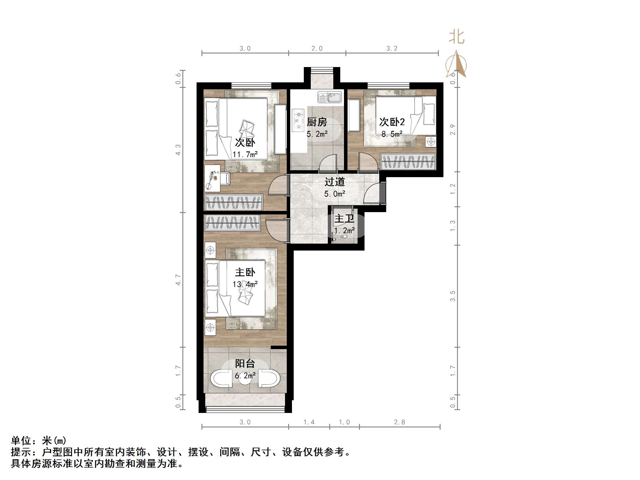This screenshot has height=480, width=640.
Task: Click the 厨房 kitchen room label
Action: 317,122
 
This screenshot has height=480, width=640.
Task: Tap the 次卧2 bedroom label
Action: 392,122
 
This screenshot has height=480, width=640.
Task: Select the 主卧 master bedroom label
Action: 245,272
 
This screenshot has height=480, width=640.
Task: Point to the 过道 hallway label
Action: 334,182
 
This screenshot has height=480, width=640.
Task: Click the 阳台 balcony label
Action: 245,364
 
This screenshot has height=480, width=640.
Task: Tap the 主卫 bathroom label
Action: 344,218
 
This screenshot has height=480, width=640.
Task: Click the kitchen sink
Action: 330,97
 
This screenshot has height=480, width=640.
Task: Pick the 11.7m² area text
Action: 245,155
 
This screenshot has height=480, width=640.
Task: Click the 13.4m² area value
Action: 245,284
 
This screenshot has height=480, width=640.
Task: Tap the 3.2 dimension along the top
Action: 392,48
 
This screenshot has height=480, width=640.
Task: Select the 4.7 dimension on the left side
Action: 178,280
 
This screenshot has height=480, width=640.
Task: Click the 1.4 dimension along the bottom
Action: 309,422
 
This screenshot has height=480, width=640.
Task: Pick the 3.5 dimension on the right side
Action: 452,296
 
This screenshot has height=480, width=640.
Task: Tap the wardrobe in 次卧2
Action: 408,162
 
